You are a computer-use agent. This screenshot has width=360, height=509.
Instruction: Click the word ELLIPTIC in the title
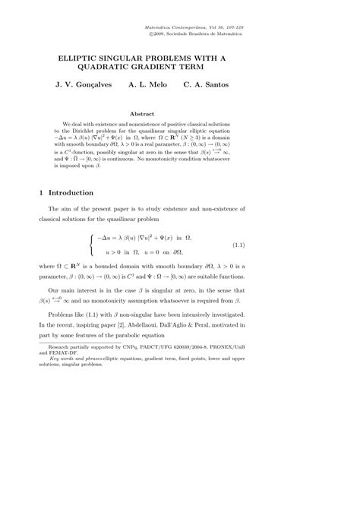[84, 58]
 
